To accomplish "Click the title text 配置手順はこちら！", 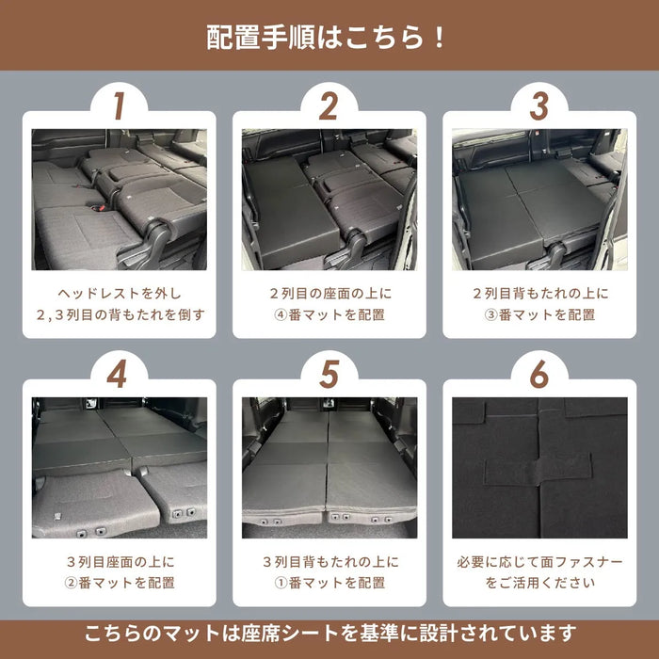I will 329,38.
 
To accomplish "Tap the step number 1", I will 119,105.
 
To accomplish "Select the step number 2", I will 329,105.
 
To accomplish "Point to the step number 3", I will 538,105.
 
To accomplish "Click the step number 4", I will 119,374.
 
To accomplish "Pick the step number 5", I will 329,374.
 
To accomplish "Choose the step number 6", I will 538,374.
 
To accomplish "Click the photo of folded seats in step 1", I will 119,199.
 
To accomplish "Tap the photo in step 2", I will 329,199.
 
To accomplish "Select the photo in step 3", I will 538,199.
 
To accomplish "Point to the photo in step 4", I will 119,467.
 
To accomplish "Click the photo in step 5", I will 329,467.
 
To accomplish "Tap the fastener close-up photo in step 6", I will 538,467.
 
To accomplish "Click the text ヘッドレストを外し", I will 119,293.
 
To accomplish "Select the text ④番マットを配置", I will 329,314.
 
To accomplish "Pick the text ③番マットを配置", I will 539,314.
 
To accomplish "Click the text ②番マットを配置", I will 119,583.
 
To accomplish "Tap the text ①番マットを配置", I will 329,583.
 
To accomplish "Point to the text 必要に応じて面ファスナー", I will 539,562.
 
